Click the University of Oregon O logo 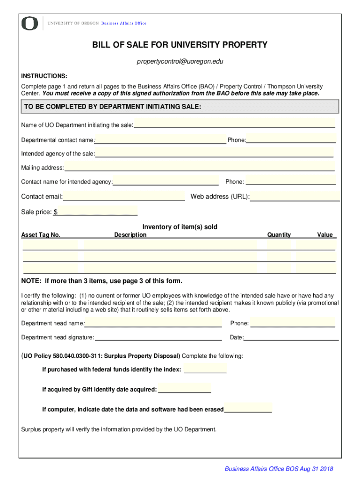click(x=30, y=23)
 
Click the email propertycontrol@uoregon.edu click(x=180, y=62)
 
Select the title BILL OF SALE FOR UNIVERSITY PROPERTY click(x=180, y=45)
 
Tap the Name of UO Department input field click(x=234, y=124)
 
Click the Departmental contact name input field click(x=160, y=139)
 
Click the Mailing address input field click(x=199, y=167)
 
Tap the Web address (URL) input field click(x=295, y=196)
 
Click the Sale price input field click(x=97, y=211)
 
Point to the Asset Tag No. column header click(x=41, y=235)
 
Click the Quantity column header click(x=279, y=235)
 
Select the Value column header click(x=324, y=235)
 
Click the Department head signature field click(x=158, y=337)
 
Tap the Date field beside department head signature click(x=291, y=337)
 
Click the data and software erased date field click(x=248, y=408)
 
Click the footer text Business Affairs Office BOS click(x=279, y=469)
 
